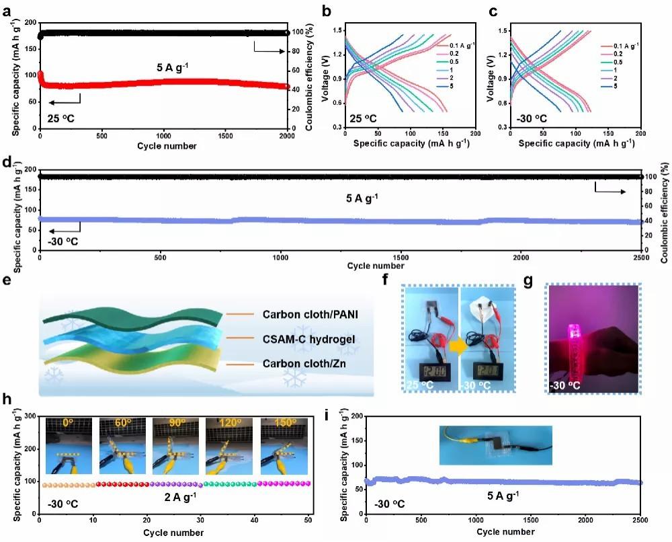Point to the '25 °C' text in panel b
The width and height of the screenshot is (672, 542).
pyautogui.click(x=364, y=119)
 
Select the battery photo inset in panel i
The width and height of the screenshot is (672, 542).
pyautogui.click(x=495, y=445)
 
